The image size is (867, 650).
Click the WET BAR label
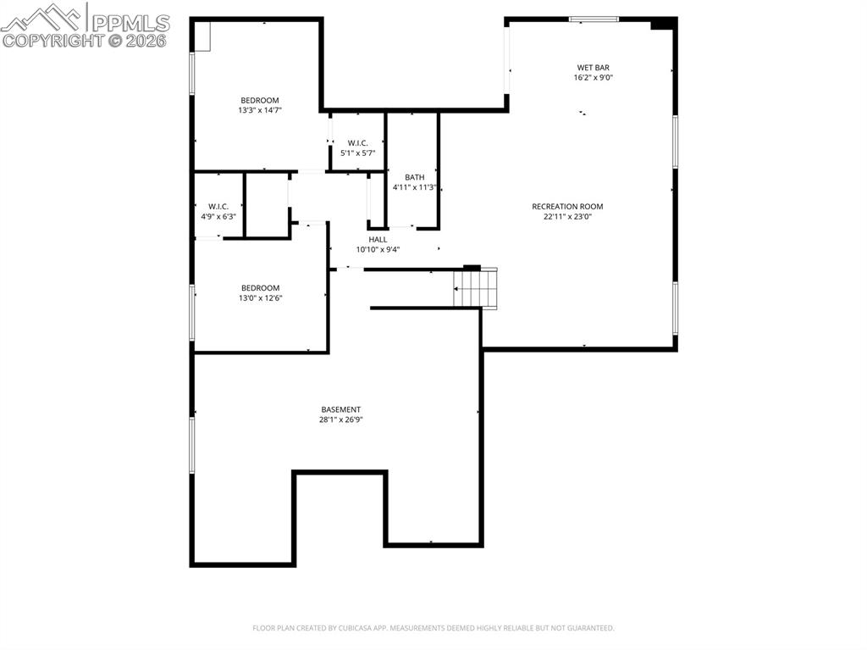593,68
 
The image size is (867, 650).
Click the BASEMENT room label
340,409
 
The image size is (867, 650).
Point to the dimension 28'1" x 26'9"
340,419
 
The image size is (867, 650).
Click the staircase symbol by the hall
476,288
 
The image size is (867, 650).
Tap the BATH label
414,177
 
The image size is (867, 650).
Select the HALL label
378,239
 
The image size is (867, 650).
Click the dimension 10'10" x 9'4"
378,249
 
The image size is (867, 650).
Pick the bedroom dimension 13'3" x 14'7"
259,110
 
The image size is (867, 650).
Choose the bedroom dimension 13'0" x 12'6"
260,298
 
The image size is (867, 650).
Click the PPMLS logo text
130,22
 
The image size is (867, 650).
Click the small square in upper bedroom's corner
202,36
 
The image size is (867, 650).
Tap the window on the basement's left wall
192,445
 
